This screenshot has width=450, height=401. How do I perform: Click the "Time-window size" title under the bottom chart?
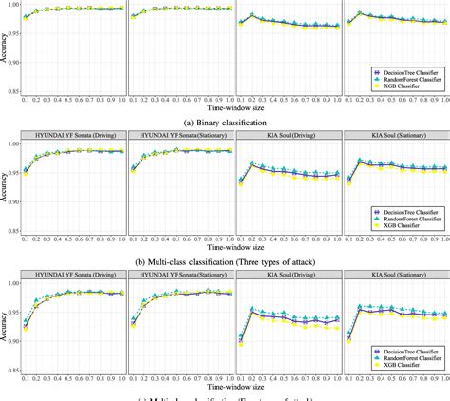pos(225,385)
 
